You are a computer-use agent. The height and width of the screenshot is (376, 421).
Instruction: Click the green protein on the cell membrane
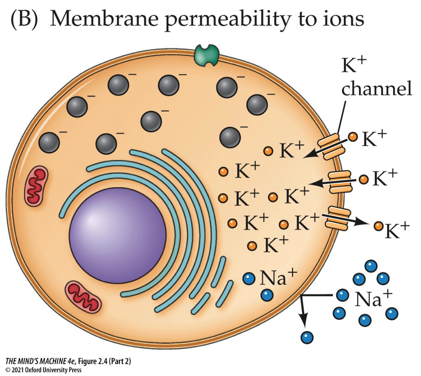pyautogui.click(x=207, y=55)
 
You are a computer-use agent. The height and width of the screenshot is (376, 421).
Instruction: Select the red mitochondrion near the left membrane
pyautogui.click(x=36, y=186)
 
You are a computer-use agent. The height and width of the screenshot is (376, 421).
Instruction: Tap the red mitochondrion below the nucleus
pyautogui.click(x=83, y=297)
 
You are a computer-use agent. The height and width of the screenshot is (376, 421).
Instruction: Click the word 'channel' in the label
pyautogui.click(x=376, y=88)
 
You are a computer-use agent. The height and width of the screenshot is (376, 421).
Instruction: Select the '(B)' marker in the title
pyautogui.click(x=24, y=19)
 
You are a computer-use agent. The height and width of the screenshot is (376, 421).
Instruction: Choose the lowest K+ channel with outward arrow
pyautogui.click(x=338, y=218)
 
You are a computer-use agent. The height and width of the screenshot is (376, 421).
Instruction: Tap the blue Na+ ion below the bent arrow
pyautogui.click(x=307, y=337)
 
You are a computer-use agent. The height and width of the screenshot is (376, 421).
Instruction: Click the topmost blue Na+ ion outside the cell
pyautogui.click(x=371, y=266)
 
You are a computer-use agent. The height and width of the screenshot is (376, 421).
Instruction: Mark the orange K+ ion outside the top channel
pyautogui.click(x=353, y=137)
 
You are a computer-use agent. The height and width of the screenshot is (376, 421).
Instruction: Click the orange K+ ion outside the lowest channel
pyautogui.click(x=378, y=226)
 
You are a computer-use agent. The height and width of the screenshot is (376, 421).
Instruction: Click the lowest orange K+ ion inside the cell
pyautogui.click(x=252, y=246)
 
